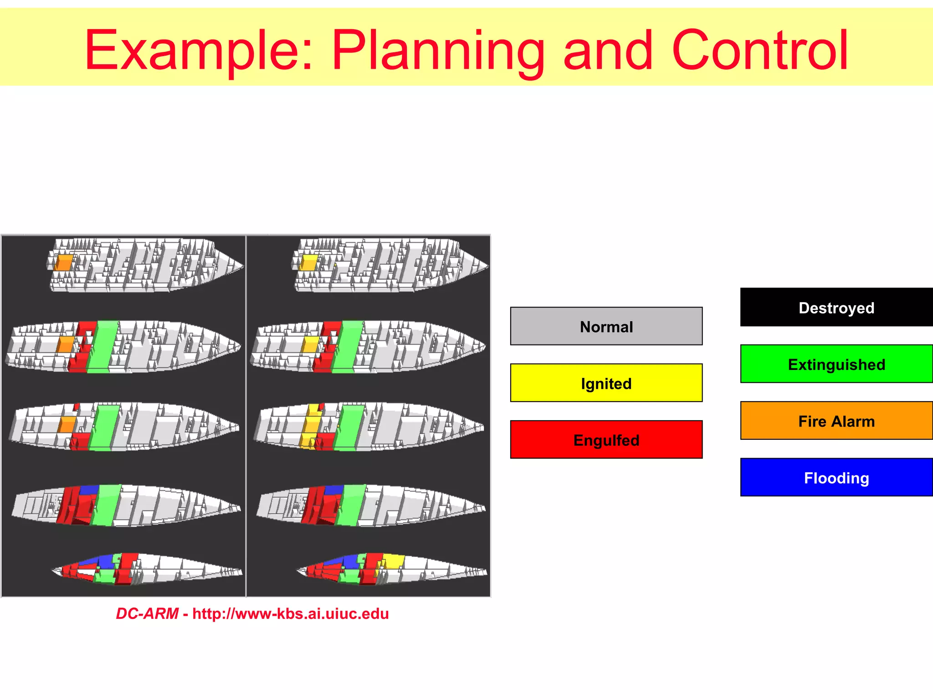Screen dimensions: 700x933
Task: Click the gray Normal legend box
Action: coord(606,326)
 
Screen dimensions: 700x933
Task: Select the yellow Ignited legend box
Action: coord(606,383)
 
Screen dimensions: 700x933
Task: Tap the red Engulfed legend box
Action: coord(606,439)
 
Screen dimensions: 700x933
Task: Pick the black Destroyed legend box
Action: coord(836,307)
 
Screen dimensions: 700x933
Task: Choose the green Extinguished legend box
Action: coord(836,364)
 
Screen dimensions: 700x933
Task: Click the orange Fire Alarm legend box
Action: coord(836,421)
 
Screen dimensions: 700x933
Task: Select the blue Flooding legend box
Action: coord(836,477)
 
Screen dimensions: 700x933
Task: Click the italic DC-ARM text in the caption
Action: coord(147,614)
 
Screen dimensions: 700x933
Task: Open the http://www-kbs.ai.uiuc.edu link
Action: coord(290,614)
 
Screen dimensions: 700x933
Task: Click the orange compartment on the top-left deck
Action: coord(64,263)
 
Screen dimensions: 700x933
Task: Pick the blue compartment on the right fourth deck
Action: coord(334,490)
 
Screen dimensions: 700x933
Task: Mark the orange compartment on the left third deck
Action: coord(67,424)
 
